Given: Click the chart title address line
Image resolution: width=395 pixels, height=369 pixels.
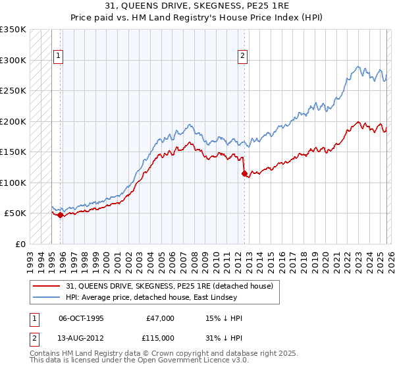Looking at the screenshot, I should pyautogui.click(x=197, y=6).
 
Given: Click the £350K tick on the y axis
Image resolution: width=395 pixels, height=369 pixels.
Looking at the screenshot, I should pyautogui.click(x=13, y=30).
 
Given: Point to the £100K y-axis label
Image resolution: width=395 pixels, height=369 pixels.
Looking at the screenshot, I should pyautogui.click(x=13, y=183).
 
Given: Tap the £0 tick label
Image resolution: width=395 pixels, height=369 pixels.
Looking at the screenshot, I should pyautogui.click(x=20, y=244).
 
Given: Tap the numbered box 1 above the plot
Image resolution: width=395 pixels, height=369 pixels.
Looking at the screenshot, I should pyautogui.click(x=59, y=57).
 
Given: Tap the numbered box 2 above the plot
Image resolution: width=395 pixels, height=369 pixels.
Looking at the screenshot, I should pyautogui.click(x=242, y=57).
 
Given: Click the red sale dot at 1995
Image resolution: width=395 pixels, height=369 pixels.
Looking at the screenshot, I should pyautogui.click(x=61, y=215).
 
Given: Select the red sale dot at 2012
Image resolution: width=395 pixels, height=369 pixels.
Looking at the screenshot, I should pyautogui.click(x=244, y=174).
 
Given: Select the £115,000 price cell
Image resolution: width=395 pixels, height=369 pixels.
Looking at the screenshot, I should pyautogui.click(x=160, y=338).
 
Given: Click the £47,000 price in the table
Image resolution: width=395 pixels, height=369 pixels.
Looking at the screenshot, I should pyautogui.click(x=160, y=318).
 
